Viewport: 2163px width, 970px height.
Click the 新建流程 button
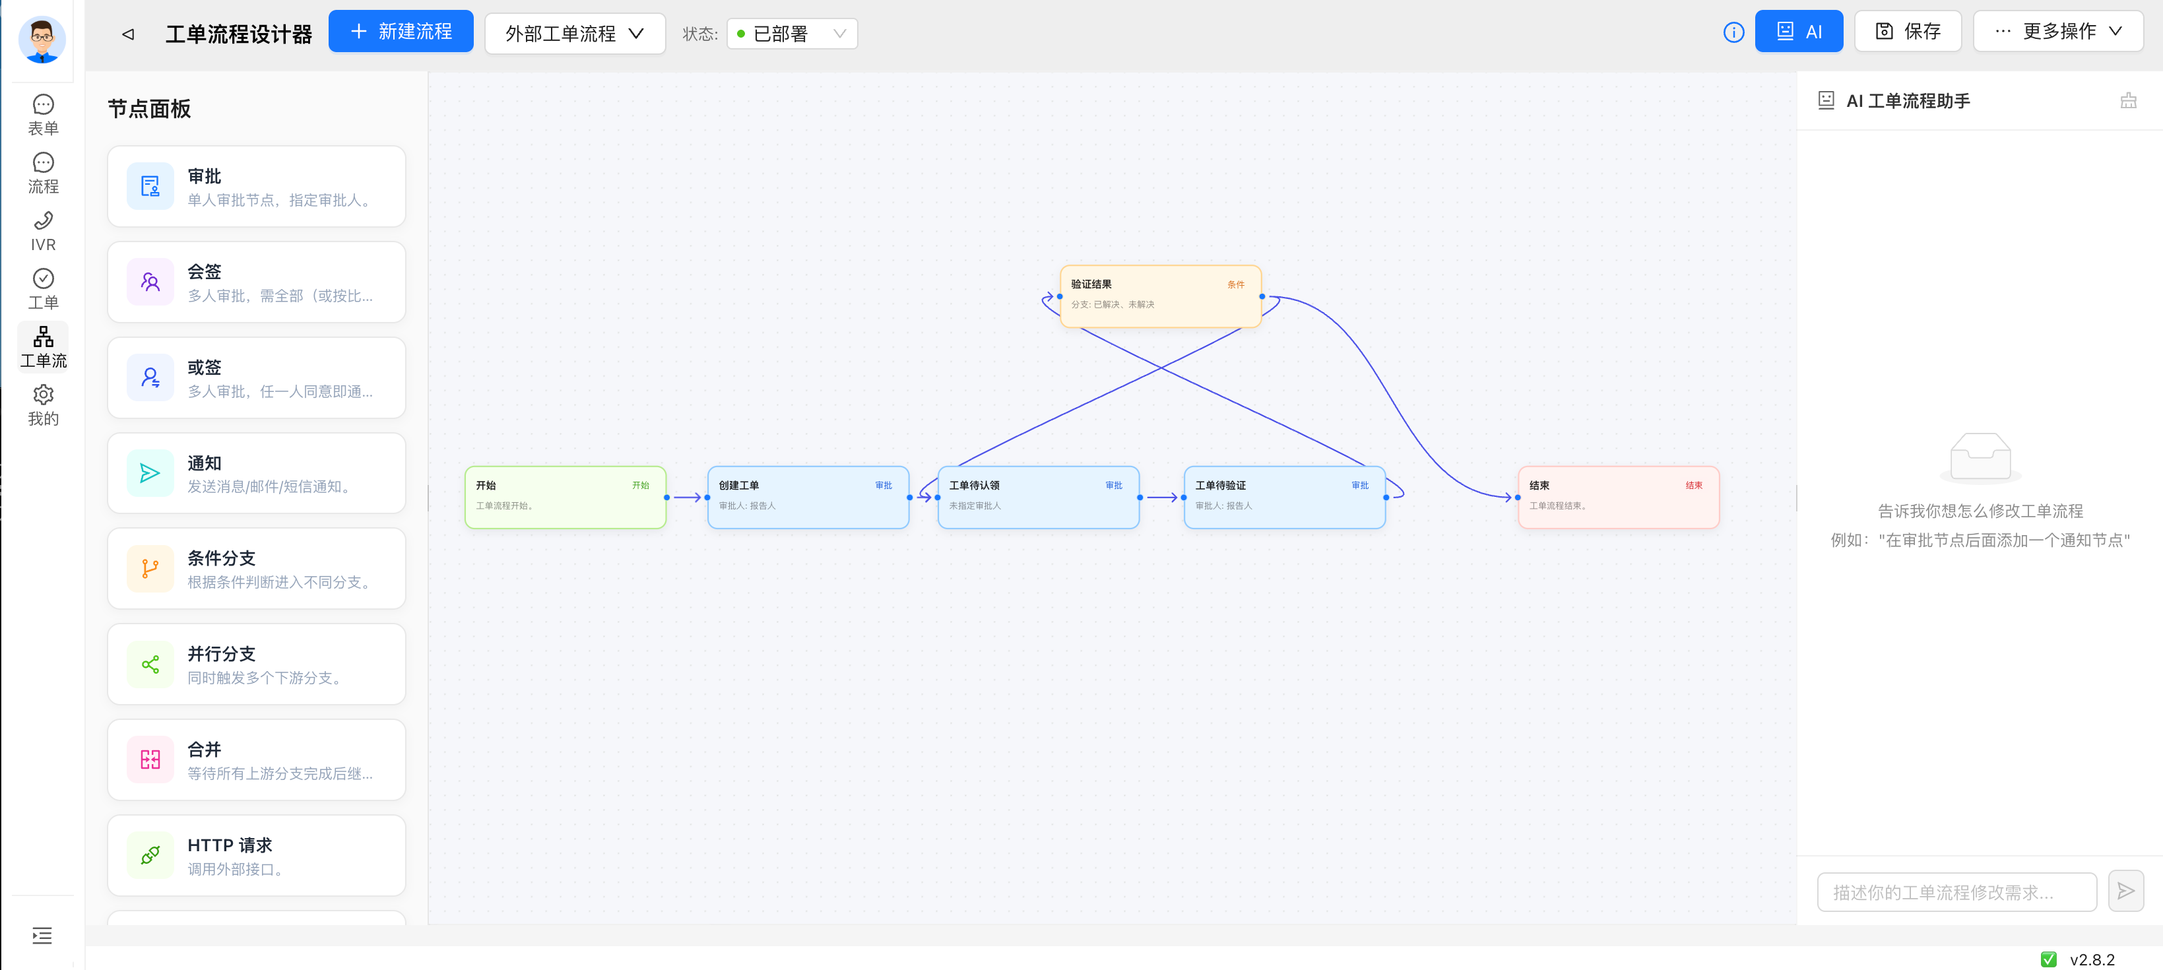[401, 32]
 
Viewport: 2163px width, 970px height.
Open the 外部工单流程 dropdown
[575, 34]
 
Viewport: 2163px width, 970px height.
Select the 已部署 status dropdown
[792, 34]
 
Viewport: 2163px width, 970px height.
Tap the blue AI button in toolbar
[1799, 32]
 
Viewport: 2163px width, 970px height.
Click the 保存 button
[1908, 32]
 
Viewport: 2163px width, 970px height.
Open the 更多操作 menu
[2058, 32]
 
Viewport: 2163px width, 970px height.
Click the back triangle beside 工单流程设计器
[129, 34]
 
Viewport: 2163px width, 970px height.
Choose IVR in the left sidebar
[43, 231]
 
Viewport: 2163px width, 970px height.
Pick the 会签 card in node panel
[256, 282]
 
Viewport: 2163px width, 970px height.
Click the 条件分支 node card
[256, 569]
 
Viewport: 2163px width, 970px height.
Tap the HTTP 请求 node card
[256, 856]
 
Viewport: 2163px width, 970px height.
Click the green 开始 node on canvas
[565, 497]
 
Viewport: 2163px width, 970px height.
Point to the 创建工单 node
[808, 497]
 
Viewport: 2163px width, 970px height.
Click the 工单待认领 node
[1038, 497]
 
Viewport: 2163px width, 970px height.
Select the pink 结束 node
[1618, 497]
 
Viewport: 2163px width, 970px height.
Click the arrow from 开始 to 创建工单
[687, 497]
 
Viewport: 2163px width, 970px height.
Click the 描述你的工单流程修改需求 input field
[1956, 892]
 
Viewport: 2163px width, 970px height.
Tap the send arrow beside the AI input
[2125, 891]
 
